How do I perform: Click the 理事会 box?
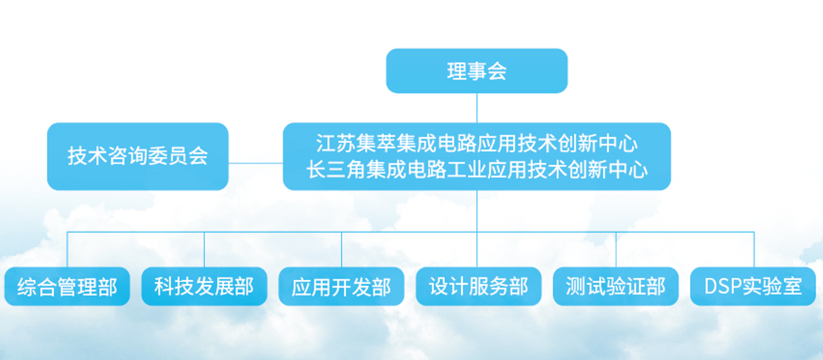tap(477, 71)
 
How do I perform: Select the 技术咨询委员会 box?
tap(138, 157)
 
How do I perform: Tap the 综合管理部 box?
tap(67, 287)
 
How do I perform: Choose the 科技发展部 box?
tap(204, 287)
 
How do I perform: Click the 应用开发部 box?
tap(341, 287)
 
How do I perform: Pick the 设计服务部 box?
tap(478, 287)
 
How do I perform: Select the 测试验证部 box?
tap(616, 287)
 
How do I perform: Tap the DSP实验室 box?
tap(753, 287)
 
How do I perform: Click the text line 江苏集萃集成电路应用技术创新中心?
tap(477, 143)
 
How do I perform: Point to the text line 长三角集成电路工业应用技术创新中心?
tap(477, 170)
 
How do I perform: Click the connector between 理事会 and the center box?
tap(477, 108)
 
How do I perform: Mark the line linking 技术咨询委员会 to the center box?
tap(256, 163)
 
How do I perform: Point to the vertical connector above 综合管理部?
tap(67, 250)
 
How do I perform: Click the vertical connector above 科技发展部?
tap(204, 250)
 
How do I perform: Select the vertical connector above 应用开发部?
tap(341, 250)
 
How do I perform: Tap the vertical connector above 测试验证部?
tap(616, 250)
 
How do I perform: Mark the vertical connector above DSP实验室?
tap(754, 250)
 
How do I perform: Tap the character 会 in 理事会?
tap(497, 71)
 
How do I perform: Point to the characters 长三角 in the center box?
tap(336, 170)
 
